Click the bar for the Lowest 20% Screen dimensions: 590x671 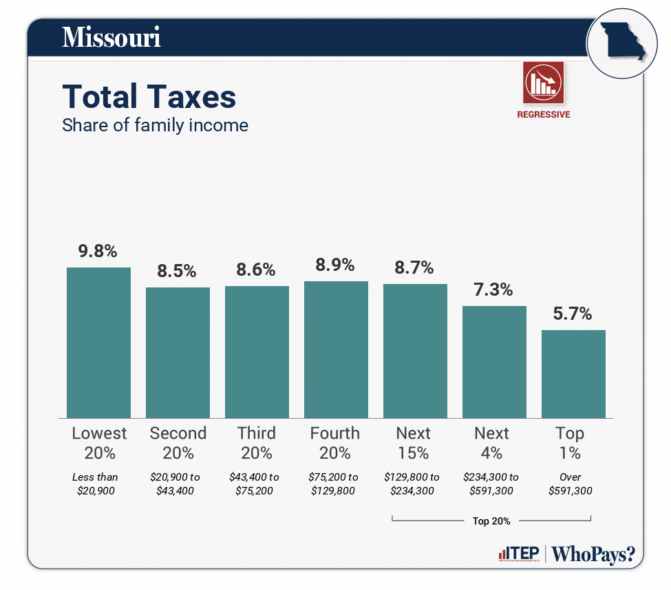pyautogui.click(x=98, y=342)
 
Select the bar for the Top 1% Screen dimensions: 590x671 pyautogui.click(x=573, y=373)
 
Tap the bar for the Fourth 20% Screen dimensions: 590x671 pyautogui.click(x=336, y=349)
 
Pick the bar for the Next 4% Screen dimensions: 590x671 pyautogui.click(x=494, y=362)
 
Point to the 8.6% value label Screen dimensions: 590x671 pyautogui.click(x=256, y=270)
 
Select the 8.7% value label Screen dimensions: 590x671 pyautogui.click(x=414, y=267)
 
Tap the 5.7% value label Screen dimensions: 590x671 pyautogui.click(x=573, y=314)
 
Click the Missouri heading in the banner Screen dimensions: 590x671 pyautogui.click(x=111, y=37)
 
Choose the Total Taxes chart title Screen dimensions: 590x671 pyautogui.click(x=149, y=97)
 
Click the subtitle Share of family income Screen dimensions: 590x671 pyautogui.click(x=155, y=126)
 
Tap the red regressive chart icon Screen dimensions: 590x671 pyautogui.click(x=543, y=82)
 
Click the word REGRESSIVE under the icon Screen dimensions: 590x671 pyautogui.click(x=544, y=115)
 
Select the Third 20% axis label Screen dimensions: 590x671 pyautogui.click(x=257, y=443)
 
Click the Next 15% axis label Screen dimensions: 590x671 pyautogui.click(x=414, y=443)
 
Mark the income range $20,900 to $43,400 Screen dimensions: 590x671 pyautogui.click(x=178, y=484)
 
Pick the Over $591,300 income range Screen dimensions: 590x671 pyautogui.click(x=571, y=484)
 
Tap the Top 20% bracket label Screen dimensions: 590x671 pyautogui.click(x=491, y=521)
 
